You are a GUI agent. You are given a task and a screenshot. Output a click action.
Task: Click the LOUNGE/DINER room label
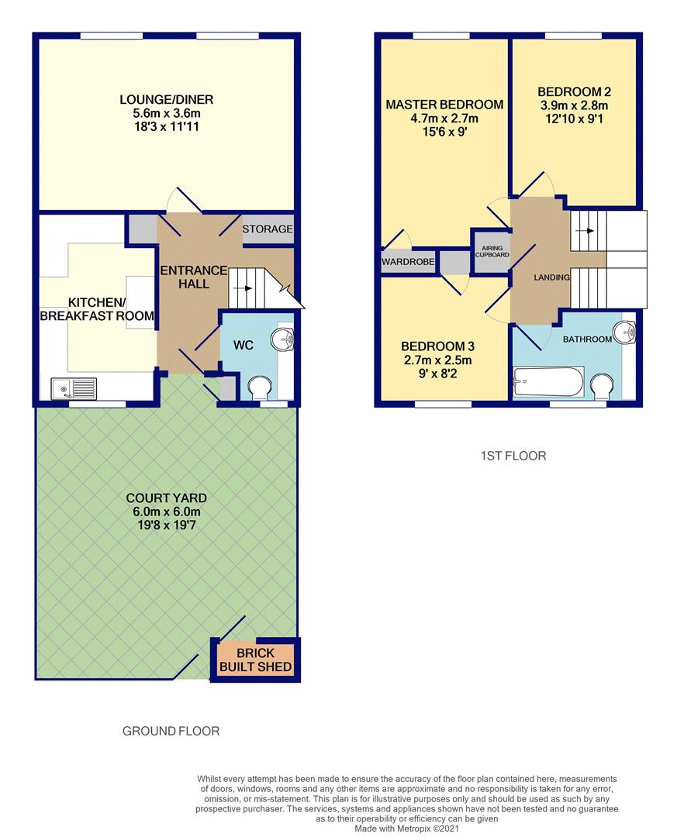tap(166, 100)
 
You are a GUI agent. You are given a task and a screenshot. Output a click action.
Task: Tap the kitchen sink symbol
tap(74, 387)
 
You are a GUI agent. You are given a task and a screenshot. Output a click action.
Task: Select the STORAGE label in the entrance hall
tap(268, 229)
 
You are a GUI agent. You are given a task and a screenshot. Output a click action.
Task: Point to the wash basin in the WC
tap(282, 339)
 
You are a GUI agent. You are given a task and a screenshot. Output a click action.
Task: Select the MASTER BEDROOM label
tap(444, 105)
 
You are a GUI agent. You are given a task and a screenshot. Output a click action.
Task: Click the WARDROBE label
tap(408, 262)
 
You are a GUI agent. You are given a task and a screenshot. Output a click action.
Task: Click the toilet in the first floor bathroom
tap(602, 385)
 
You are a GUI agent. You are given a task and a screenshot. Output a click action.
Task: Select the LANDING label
tap(551, 277)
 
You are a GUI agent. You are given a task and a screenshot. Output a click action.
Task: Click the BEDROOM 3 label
tap(437, 346)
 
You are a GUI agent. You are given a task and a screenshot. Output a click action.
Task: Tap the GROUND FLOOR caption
tap(171, 731)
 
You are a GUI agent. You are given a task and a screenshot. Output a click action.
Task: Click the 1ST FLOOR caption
tap(513, 456)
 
